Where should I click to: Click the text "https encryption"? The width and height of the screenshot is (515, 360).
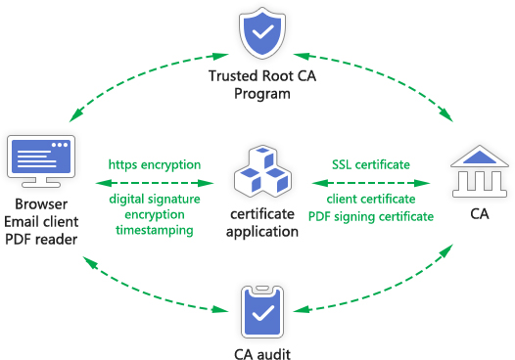tap(155, 164)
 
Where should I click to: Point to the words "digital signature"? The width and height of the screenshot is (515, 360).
tap(155, 201)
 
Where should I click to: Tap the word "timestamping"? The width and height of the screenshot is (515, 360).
tap(155, 230)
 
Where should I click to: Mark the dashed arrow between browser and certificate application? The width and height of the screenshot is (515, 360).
tap(155, 183)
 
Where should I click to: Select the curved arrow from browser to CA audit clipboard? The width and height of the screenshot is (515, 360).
tap(137, 289)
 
